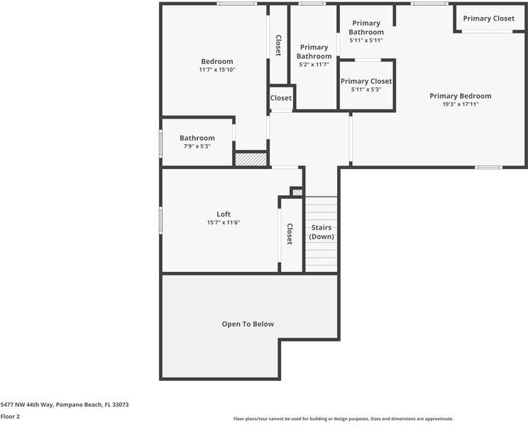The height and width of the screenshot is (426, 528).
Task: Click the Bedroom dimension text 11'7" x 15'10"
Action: pos(216,70)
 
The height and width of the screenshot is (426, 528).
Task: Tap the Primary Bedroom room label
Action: pos(460,96)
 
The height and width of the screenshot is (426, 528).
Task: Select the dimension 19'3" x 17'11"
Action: pos(460,104)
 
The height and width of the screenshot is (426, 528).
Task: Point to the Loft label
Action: pos(224,214)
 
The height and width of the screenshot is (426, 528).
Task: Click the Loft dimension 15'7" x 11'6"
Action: pos(224,222)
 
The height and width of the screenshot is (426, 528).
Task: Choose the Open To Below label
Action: pos(248,324)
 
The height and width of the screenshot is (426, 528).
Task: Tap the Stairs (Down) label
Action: pos(321,232)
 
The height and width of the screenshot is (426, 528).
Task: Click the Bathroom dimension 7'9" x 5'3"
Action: pos(197,146)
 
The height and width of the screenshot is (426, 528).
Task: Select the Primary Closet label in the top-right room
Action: pos(488,18)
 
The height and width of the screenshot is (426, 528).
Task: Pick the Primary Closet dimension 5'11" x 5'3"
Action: pos(366,89)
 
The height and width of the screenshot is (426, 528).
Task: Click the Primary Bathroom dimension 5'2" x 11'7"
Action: pos(314,65)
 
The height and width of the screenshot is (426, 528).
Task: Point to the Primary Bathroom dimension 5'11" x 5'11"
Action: pos(366,40)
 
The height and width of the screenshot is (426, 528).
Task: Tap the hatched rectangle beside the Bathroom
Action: pos(251,160)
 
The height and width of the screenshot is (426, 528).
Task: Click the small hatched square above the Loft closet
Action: pos(297,192)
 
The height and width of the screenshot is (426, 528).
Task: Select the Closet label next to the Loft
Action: pos(290,234)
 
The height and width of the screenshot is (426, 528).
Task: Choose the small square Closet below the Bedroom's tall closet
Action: pos(280,98)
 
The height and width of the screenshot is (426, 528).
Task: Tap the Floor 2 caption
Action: pos(10,416)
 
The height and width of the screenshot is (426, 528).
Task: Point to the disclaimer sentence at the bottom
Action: pos(343,418)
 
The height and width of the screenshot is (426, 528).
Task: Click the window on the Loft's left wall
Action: pos(161,219)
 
